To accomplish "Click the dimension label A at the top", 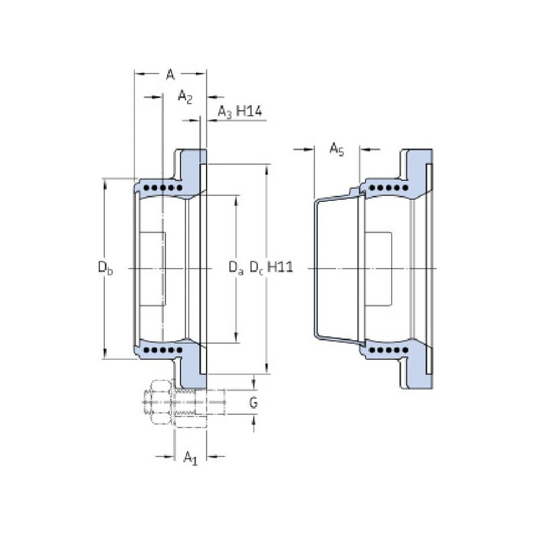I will click(x=170, y=74).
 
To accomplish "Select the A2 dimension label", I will click(x=185, y=98).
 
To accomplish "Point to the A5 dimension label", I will click(x=336, y=149).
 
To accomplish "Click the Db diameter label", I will click(x=105, y=269).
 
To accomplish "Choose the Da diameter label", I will click(x=235, y=269).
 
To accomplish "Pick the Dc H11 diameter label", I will click(x=272, y=268).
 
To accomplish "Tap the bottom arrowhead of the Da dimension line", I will click(x=235, y=338).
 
